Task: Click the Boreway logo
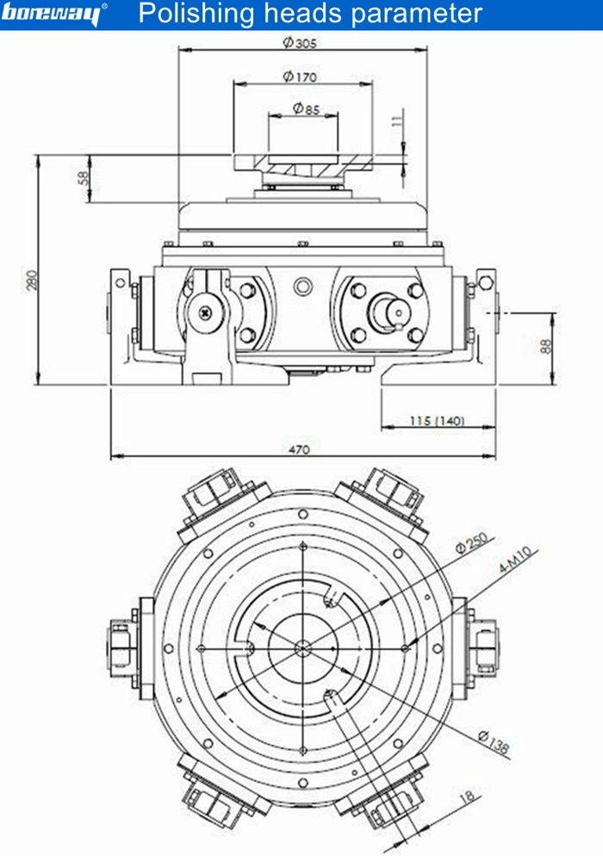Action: tap(53, 15)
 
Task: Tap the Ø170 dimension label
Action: tap(300, 77)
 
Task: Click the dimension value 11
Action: tap(396, 122)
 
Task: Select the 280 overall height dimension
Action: tap(32, 280)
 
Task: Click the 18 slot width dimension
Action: tap(468, 797)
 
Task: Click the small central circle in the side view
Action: tap(301, 285)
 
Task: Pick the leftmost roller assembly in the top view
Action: tap(120, 647)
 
